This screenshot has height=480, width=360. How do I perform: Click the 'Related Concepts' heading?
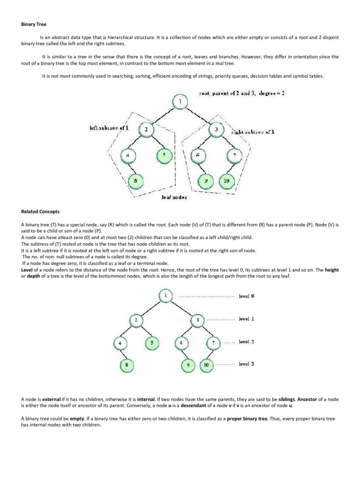(x=40, y=212)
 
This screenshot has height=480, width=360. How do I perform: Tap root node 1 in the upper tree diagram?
(x=180, y=102)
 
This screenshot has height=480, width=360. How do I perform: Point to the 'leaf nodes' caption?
(x=174, y=197)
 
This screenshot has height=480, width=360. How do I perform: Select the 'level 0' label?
(x=247, y=296)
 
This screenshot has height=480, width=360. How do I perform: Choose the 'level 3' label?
(x=247, y=364)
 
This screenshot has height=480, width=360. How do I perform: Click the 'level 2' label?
(x=247, y=342)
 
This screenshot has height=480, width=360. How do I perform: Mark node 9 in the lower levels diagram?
(x=188, y=364)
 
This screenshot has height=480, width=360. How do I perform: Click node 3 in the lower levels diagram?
(x=197, y=320)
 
